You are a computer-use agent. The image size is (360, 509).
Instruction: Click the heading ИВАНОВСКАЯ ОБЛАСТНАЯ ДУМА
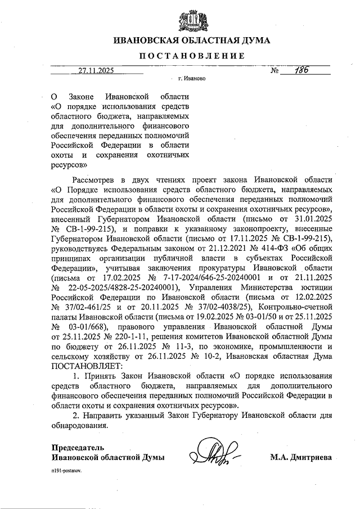pos(183,40)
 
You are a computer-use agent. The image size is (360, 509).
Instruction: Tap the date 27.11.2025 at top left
pos(96,71)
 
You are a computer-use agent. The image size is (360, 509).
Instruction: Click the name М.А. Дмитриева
pos(300,457)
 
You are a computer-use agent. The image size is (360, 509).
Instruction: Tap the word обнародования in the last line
pos(79,425)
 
